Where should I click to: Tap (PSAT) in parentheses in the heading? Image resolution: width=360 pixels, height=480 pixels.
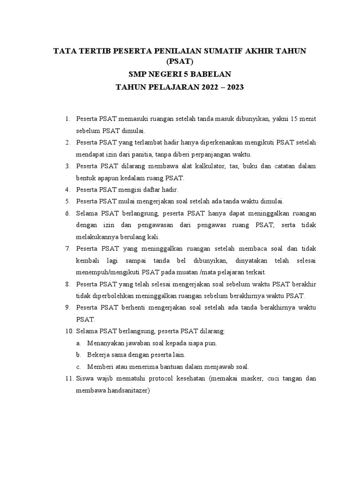(x=180, y=61)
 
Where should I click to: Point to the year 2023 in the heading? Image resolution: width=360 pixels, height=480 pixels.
(x=234, y=87)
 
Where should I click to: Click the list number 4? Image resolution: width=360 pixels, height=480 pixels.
(x=67, y=190)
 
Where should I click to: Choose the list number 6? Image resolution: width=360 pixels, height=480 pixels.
(x=67, y=213)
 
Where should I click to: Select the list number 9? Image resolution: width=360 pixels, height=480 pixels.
(x=67, y=307)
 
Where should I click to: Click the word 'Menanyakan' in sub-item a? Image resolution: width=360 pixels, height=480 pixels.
(x=105, y=343)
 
